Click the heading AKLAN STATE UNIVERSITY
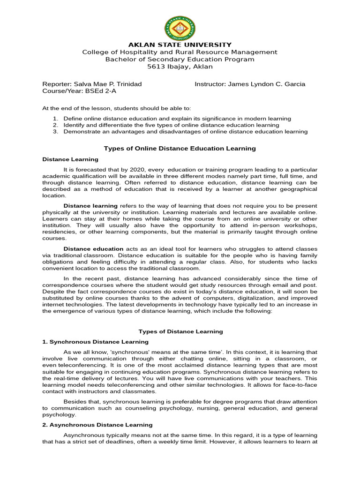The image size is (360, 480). pyautogui.click(x=180, y=45)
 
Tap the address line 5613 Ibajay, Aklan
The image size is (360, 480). pyautogui.click(x=180, y=67)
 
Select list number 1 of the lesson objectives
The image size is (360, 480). pyautogui.click(x=55, y=119)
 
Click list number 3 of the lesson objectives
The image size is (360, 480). pyautogui.click(x=55, y=132)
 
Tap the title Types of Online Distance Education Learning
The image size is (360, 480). pyautogui.click(x=180, y=149)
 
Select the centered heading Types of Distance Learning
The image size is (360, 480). pyautogui.click(x=180, y=331)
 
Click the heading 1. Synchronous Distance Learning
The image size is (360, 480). pyautogui.click(x=95, y=342)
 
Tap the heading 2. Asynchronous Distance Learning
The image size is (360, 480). pyautogui.click(x=97, y=425)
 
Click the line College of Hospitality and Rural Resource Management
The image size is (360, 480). pyautogui.click(x=180, y=52)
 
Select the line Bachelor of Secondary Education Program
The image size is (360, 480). pyautogui.click(x=180, y=60)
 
